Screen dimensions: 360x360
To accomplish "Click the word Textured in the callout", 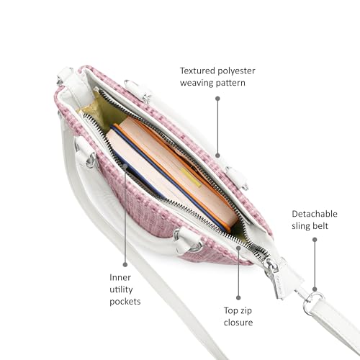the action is pos(197,71).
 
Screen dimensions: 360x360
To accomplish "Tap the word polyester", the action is pos(236,71).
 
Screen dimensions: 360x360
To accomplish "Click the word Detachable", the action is pos(315,214).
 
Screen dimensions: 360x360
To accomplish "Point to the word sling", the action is pos(301,226).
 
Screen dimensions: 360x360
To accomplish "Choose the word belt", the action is pos(320,226).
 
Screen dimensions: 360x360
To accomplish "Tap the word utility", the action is pos(121,289).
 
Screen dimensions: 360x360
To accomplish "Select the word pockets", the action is pos(125,302).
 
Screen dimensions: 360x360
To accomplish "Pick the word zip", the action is pos(246,311).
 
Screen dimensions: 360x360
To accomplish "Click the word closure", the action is pos(238,323).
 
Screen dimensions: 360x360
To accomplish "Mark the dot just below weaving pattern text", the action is pos(217,99).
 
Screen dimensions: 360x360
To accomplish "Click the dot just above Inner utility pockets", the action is pos(125,264).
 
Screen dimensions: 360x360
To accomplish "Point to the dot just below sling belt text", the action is pos(315,240).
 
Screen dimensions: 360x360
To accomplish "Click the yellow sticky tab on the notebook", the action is pos(191,178).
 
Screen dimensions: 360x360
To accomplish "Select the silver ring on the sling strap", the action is pos(312,303).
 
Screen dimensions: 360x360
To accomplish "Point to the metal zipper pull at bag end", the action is pos(272,271).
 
